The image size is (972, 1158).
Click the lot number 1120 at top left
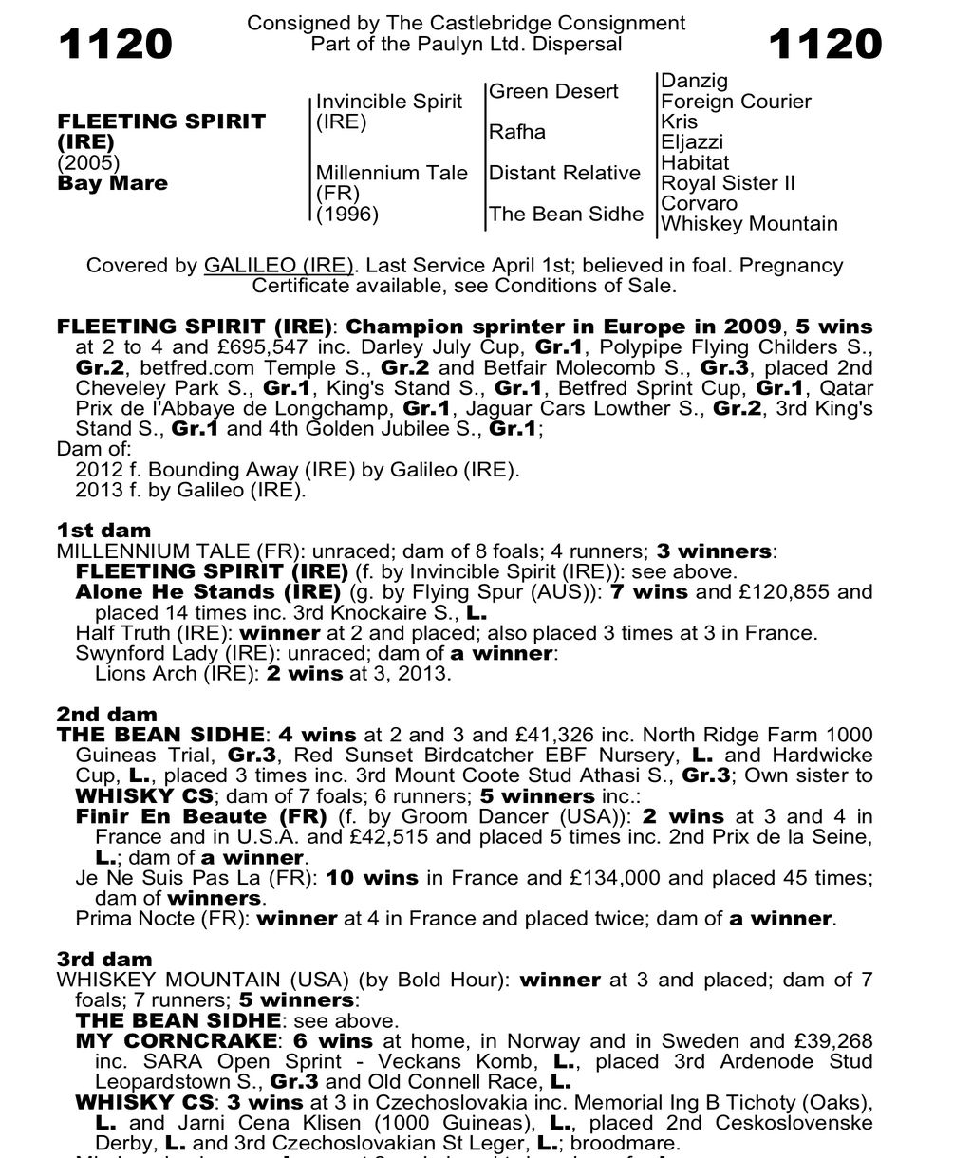coord(116,45)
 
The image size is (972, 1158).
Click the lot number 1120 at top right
coord(825,45)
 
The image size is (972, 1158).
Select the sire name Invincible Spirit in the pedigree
coord(389,102)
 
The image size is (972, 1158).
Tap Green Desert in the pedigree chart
coord(553,91)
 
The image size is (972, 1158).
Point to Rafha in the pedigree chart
coord(517,132)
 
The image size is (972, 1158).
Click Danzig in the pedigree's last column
coord(694,82)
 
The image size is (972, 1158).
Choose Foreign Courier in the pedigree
coord(736,102)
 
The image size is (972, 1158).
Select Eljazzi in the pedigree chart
coord(692,142)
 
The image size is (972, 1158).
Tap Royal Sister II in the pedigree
coord(728,183)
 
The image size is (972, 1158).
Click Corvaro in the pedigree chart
coord(699,203)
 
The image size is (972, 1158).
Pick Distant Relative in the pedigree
coord(565,173)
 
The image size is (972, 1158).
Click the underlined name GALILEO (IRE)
coord(279,266)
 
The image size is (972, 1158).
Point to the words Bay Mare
coord(112,183)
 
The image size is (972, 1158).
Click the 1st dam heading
coord(103,531)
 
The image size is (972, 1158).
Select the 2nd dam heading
coord(106,715)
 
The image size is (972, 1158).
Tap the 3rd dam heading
coord(104,960)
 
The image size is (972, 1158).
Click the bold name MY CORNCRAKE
coord(178,1041)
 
